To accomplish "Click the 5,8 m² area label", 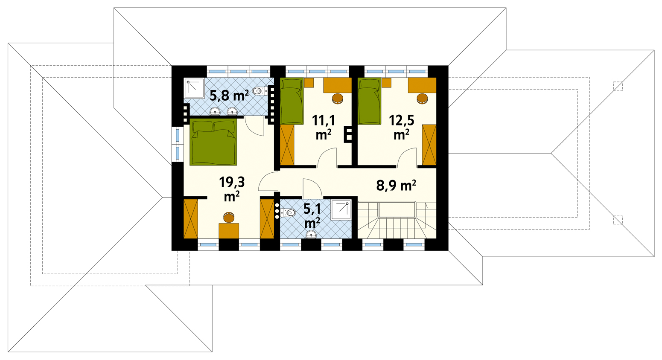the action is [x=229, y=96].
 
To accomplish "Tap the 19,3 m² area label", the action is [x=232, y=189].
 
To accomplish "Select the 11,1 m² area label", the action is [x=323, y=127].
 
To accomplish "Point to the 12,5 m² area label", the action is [x=401, y=127].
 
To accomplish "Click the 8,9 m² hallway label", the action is [x=396, y=186].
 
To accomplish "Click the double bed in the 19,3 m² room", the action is [x=213, y=142].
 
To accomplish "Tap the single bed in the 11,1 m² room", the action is [x=292, y=101].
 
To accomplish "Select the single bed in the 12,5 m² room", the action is [x=370, y=101].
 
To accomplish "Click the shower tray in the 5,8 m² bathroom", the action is [x=194, y=88].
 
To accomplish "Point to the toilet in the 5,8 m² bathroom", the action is [x=260, y=91].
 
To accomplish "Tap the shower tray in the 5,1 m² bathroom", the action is [x=341, y=210].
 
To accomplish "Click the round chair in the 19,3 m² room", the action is [x=229, y=218].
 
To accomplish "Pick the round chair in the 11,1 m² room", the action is [x=338, y=99].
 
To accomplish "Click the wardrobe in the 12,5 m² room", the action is [x=429, y=145].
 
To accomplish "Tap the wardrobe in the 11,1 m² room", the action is [x=287, y=145].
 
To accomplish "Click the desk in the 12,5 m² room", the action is [x=422, y=85].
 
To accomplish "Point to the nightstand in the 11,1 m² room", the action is [x=309, y=83].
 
